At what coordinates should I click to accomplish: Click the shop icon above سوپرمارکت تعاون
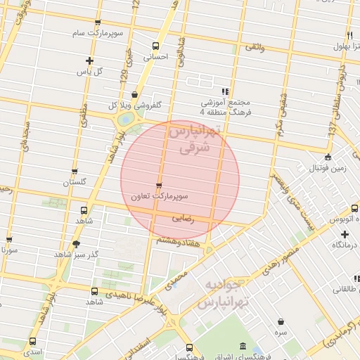click(159, 186)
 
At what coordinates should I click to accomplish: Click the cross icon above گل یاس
click(89, 60)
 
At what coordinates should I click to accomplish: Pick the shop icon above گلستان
click(75, 171)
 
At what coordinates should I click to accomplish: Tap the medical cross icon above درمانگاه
click(345, 233)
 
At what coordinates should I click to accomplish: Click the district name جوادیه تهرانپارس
click(224, 295)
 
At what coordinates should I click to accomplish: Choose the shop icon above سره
click(281, 321)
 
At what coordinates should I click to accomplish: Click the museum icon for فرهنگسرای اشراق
click(243, 347)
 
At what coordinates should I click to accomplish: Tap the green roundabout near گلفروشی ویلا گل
click(126, 120)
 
